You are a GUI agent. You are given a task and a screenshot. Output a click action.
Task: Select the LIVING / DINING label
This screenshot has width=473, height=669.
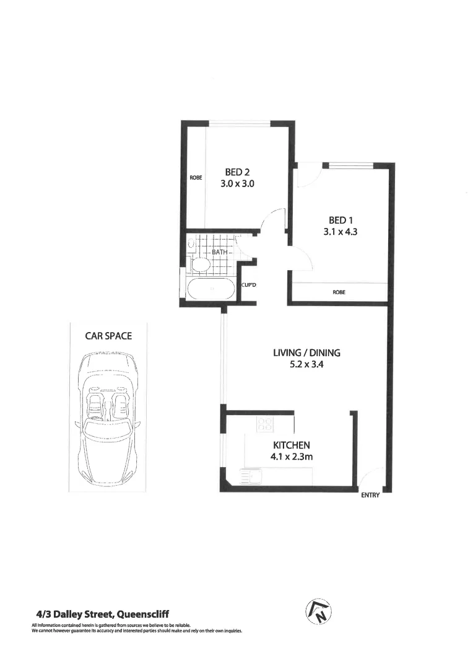click(307, 353)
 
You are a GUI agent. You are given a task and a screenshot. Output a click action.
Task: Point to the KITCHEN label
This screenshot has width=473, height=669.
click(291, 445)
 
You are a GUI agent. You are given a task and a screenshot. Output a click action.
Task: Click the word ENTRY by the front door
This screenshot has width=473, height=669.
click(370, 495)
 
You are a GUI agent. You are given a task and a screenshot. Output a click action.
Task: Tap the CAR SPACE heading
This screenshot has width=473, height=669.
click(108, 336)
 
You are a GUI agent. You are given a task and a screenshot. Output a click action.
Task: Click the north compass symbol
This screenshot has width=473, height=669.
click(318, 613)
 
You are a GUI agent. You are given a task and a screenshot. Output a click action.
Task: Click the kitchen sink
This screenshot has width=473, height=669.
click(253, 476)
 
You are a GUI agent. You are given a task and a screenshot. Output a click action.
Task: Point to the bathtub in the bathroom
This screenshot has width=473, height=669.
click(211, 289)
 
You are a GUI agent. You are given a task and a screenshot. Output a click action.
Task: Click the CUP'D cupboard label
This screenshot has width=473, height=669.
click(249, 285)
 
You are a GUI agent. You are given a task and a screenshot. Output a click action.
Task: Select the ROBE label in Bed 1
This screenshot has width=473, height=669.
click(339, 292)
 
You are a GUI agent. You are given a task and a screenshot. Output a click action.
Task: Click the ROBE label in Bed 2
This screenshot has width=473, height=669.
click(196, 178)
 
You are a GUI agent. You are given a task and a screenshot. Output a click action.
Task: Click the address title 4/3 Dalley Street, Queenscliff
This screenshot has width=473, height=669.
click(102, 614)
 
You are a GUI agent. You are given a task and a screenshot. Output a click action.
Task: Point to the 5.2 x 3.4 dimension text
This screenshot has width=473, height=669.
click(307, 365)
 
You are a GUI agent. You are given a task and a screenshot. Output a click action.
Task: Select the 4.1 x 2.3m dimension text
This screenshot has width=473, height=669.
click(291, 457)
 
